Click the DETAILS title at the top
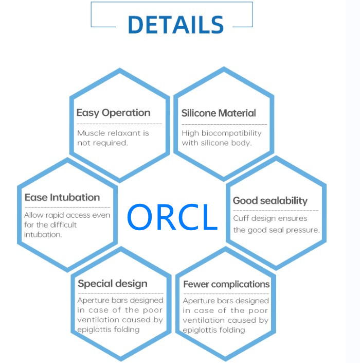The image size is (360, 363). (175, 25)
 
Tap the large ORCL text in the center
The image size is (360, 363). (172, 217)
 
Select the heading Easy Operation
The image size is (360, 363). (113, 113)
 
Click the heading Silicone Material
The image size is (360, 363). (219, 113)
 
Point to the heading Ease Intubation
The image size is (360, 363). (62, 198)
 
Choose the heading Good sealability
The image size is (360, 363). (270, 201)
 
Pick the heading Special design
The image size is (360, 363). (113, 284)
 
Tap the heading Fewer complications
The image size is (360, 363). (226, 284)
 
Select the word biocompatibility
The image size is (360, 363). (231, 133)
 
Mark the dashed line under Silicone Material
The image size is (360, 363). (224, 124)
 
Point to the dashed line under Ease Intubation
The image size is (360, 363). (67, 207)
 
